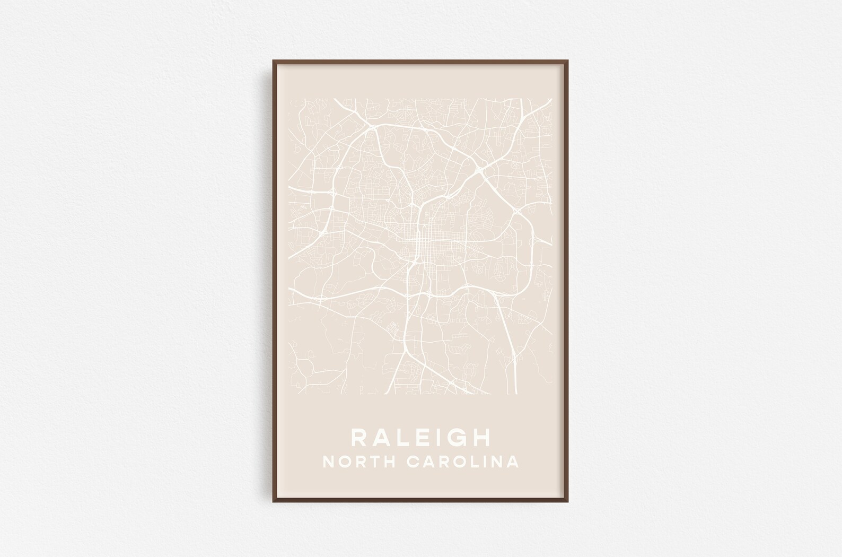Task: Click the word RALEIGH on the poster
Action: (x=420, y=438)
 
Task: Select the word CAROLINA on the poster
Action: (x=463, y=462)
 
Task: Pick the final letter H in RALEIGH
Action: (x=482, y=438)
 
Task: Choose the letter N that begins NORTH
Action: (x=328, y=462)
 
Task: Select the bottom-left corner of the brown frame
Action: (x=273, y=501)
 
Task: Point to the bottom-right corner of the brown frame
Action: (x=568, y=501)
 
